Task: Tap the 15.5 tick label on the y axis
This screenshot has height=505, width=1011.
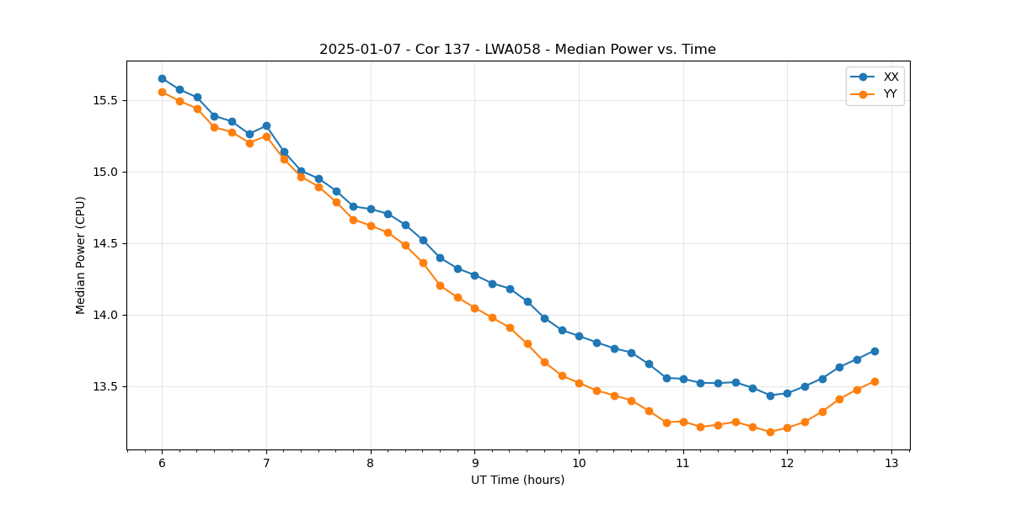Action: click(x=104, y=100)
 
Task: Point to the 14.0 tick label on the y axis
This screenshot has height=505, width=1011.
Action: click(x=104, y=315)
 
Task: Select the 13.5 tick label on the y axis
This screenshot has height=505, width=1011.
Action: click(x=104, y=386)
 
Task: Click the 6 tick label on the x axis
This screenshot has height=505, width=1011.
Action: click(x=162, y=463)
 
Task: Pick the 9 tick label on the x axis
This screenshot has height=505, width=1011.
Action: click(x=474, y=463)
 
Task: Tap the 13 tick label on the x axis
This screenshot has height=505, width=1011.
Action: click(x=891, y=463)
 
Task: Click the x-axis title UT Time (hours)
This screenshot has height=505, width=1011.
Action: click(x=517, y=480)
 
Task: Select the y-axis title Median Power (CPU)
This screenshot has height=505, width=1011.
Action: click(x=81, y=255)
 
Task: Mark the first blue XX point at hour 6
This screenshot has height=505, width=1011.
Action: click(x=162, y=78)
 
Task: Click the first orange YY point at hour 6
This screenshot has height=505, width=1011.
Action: click(x=162, y=92)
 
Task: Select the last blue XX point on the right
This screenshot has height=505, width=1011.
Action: click(x=875, y=351)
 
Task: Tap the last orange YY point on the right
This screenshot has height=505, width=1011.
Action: click(x=875, y=381)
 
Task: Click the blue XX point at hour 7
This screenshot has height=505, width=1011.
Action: click(x=266, y=125)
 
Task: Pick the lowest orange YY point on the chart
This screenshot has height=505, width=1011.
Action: click(x=770, y=432)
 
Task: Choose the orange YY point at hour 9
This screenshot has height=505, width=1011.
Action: click(x=474, y=308)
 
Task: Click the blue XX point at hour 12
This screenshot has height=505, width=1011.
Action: click(x=787, y=393)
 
